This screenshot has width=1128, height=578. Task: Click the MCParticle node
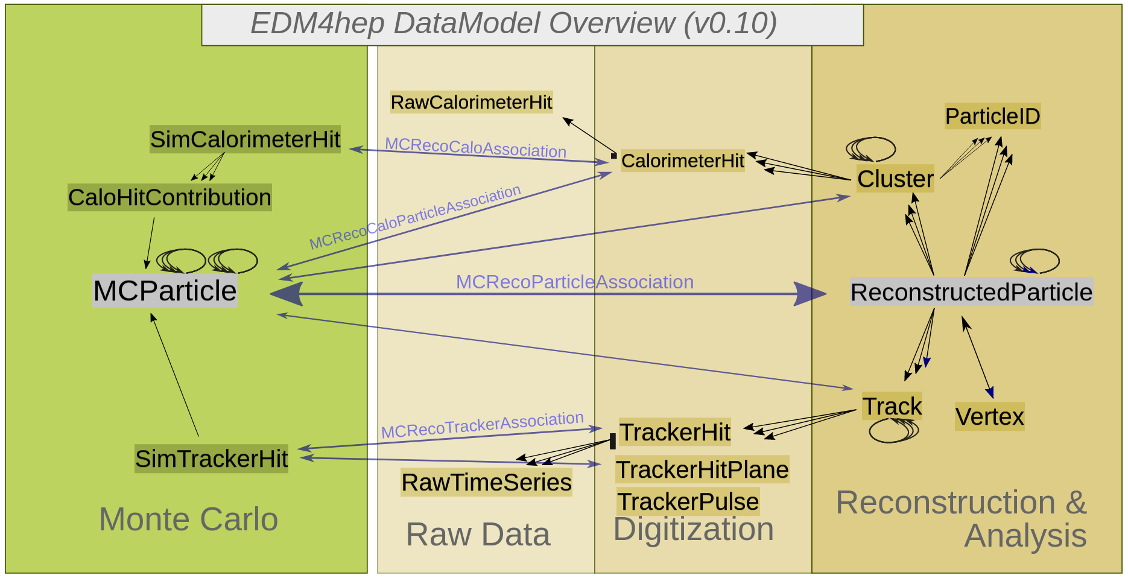point(165,291)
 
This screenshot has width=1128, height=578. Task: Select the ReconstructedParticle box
point(971,292)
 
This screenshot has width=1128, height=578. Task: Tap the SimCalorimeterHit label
point(245,139)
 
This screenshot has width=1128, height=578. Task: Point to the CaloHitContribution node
point(170,197)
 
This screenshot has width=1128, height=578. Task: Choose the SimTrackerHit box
point(211,459)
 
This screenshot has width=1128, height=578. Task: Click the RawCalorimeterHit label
point(471,103)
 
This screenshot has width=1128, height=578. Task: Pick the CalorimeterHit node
point(682,160)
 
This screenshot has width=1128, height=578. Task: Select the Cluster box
point(895,179)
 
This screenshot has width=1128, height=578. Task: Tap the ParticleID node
point(992,116)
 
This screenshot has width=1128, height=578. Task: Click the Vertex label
point(989,416)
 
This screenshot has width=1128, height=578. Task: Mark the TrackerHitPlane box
point(702,469)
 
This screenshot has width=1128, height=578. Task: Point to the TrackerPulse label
point(688,501)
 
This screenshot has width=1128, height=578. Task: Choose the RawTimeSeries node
point(486,483)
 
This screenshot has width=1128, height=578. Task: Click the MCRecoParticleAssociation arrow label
point(574,282)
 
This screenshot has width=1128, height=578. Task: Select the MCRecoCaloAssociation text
point(475,148)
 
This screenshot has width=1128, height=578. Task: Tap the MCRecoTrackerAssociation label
point(482,425)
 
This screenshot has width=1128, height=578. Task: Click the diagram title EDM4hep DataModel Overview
point(513,24)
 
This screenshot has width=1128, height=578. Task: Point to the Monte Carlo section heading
point(188,519)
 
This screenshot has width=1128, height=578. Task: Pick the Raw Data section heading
point(478,535)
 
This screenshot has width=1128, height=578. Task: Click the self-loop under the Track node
point(894,431)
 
